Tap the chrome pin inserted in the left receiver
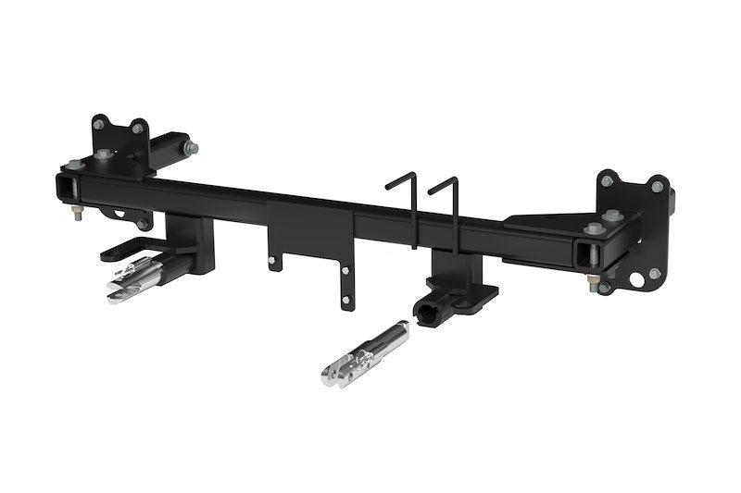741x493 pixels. coord(139,278)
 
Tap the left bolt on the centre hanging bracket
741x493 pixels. coord(271,263)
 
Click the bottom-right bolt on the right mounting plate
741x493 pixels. coord(654,274)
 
